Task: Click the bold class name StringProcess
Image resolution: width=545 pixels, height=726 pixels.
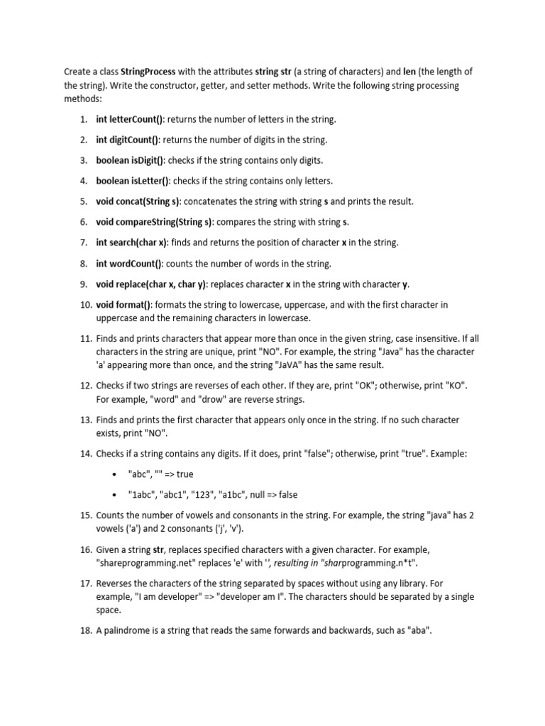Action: click(x=148, y=72)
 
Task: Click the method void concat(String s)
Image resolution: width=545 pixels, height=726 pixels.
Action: click(x=139, y=201)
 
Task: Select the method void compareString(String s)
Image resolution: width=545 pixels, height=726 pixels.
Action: click(x=154, y=222)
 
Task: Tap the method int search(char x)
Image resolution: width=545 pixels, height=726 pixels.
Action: click(x=132, y=242)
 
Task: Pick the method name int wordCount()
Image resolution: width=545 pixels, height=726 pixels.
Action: click(x=130, y=264)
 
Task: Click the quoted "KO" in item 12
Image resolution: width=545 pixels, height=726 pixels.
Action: click(x=458, y=386)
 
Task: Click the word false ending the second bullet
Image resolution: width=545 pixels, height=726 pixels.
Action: click(x=286, y=495)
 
